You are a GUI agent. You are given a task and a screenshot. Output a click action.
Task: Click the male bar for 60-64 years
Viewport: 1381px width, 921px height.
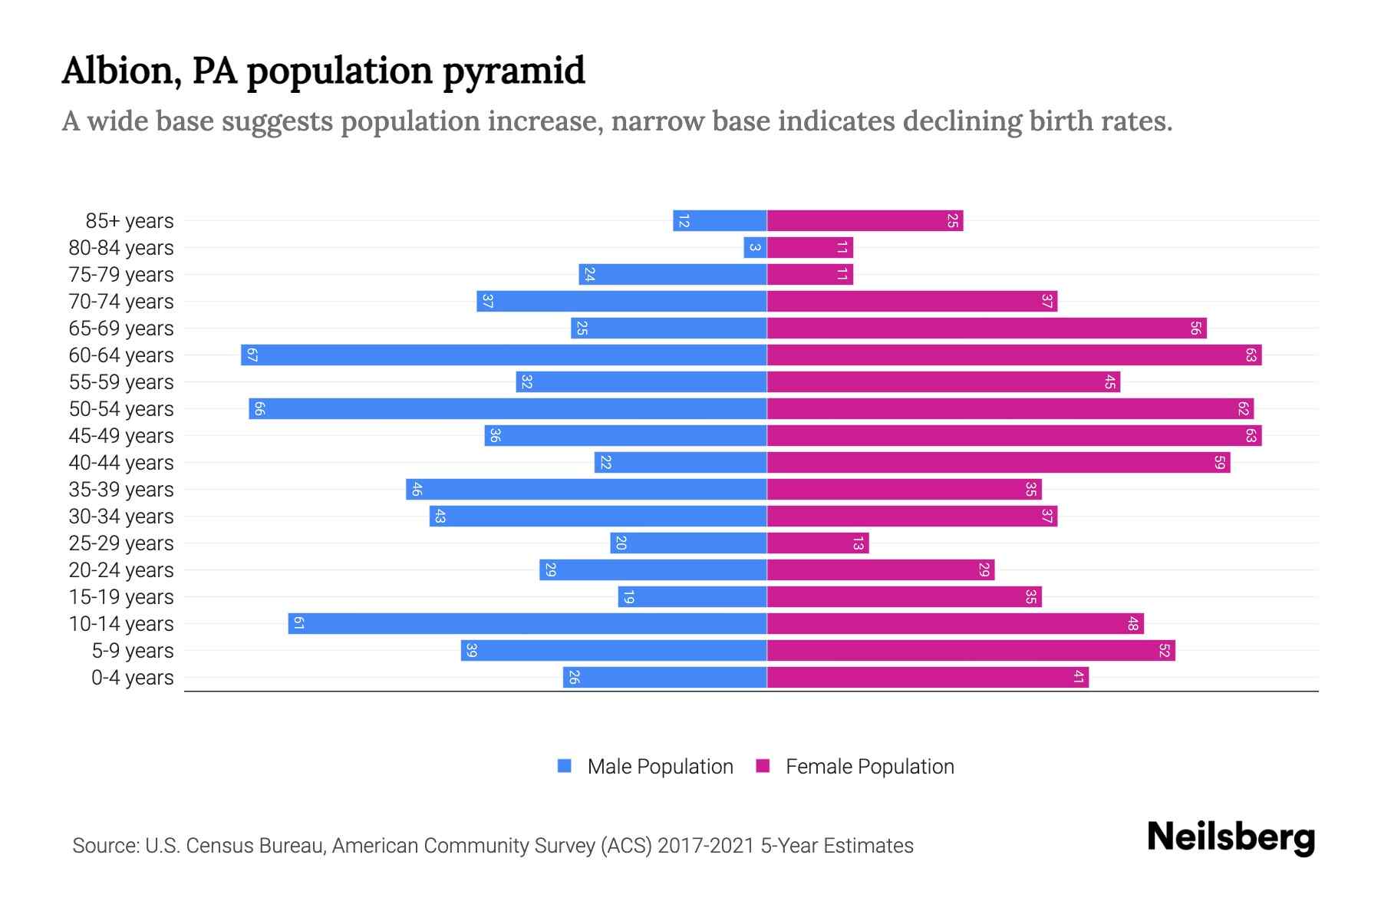coord(504,355)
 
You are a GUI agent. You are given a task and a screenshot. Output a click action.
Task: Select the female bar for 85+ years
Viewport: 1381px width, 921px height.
coord(865,221)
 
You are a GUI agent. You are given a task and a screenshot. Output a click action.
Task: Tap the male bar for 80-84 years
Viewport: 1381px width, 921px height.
coord(755,248)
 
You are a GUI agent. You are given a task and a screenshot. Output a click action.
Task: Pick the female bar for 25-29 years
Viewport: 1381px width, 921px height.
coord(818,543)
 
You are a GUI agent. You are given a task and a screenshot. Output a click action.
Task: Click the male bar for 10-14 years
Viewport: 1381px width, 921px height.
coord(528,624)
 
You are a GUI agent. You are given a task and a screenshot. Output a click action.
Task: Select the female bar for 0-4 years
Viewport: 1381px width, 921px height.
coord(928,678)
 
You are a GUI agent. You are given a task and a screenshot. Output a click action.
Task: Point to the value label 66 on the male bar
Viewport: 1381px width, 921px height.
coord(259,409)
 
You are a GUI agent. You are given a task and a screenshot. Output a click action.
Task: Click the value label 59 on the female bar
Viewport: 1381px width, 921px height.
coord(1219,463)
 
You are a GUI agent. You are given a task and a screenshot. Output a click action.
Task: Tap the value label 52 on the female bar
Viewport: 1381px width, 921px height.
coord(1164,651)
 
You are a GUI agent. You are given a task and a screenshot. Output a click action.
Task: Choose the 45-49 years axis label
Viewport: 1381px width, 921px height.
coord(121,436)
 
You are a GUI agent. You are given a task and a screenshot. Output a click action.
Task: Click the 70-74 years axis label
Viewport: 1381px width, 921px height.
coord(121,302)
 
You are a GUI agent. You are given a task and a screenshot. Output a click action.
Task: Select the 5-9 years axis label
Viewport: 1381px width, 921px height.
coord(132,651)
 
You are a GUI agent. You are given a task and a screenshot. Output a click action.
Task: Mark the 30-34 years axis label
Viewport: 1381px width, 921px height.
coord(121,517)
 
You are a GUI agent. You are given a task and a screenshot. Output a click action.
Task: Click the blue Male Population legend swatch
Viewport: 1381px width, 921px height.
coord(565,766)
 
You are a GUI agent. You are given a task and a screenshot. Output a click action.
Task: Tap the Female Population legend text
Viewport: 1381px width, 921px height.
coord(869,767)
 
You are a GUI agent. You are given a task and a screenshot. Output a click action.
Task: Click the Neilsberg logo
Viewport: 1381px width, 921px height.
coord(1231,837)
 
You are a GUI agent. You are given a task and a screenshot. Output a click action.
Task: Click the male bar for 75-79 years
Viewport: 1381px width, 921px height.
coord(673,275)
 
